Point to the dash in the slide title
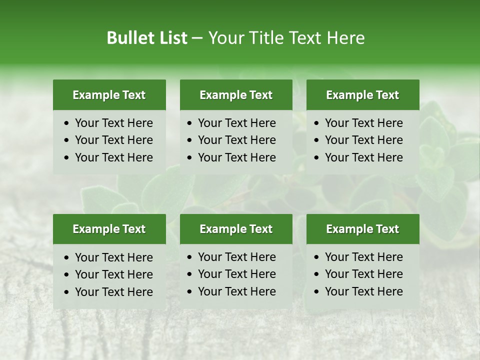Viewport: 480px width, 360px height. (197, 38)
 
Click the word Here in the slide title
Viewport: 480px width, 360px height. (345, 38)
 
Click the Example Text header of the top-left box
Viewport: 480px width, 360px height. (109, 95)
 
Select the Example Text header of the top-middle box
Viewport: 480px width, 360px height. (236, 95)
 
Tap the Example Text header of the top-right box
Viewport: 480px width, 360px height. (362, 95)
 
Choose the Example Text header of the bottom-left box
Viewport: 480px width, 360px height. (109, 229)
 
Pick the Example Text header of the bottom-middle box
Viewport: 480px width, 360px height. (236, 229)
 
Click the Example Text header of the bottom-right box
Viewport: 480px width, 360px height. (362, 229)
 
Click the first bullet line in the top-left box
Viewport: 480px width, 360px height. (114, 123)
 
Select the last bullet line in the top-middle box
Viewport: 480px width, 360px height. (237, 157)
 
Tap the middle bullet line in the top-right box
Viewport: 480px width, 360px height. (363, 140)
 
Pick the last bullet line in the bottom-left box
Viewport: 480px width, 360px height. (114, 291)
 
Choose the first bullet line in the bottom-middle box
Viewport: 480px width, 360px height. (237, 257)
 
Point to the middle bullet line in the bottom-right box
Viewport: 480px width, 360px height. (363, 274)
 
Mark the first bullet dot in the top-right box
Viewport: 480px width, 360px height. (317, 123)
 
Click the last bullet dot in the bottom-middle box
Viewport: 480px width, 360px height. (190, 292)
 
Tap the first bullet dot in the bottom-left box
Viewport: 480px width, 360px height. (67, 258)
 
